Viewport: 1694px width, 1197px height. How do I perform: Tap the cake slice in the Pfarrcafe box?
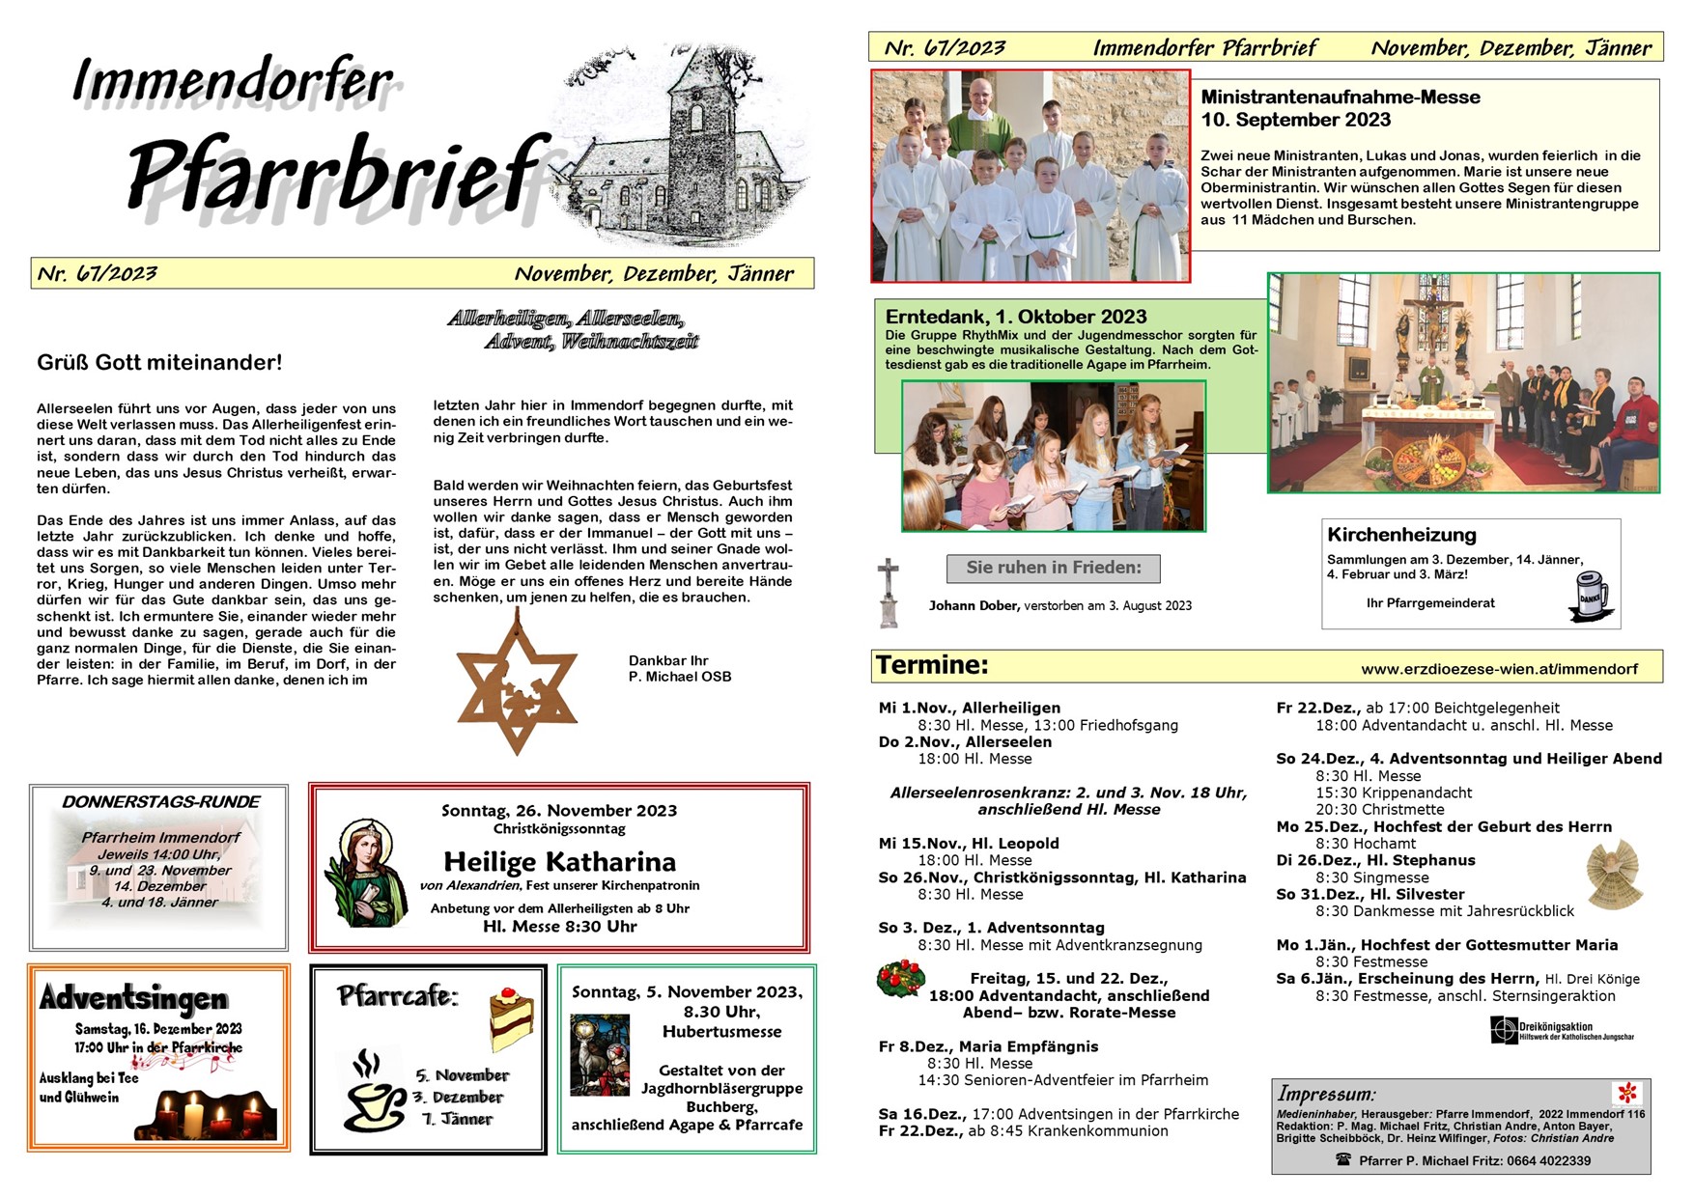[511, 1018]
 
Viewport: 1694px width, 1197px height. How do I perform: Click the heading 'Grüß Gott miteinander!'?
[159, 363]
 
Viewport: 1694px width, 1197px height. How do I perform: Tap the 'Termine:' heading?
[932, 665]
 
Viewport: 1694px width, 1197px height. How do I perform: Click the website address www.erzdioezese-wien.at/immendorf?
[1499, 669]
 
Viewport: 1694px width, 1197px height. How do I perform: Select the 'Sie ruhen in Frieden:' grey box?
[1053, 568]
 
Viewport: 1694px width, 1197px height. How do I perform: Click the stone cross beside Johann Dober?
[888, 592]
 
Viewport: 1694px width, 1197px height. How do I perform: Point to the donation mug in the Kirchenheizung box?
[1590, 594]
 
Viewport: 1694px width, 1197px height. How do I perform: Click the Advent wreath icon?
[900, 980]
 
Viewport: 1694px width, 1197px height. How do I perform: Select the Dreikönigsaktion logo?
[1561, 1031]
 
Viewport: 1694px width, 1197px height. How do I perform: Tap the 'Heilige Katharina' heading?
[559, 861]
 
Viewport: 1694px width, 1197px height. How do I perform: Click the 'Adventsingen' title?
[133, 997]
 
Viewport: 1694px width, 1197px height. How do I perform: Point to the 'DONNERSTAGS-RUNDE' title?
[160, 802]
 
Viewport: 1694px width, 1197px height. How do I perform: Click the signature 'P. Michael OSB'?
[679, 677]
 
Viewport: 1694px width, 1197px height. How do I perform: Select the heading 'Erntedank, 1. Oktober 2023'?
[1016, 317]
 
